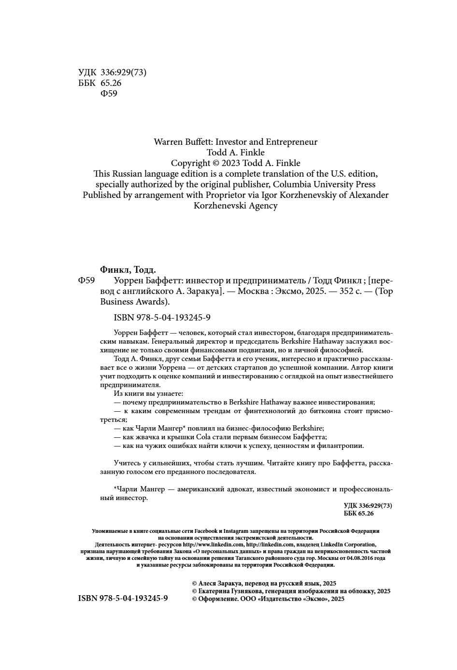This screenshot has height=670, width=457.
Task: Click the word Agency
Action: click(262, 206)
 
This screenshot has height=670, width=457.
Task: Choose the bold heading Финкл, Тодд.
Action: click(128, 270)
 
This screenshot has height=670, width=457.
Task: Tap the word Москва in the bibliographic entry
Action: click(252, 291)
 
